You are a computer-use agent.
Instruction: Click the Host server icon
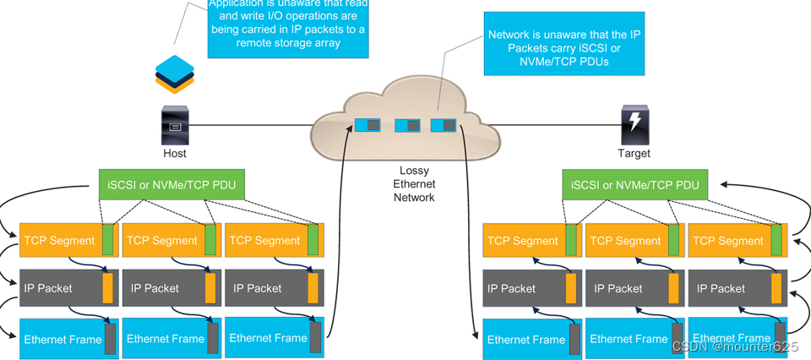pyautogui.click(x=175, y=127)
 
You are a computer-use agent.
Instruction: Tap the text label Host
pyautogui.click(x=175, y=154)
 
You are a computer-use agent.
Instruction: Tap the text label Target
pyautogui.click(x=634, y=154)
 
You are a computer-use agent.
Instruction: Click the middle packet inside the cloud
pyautogui.click(x=407, y=126)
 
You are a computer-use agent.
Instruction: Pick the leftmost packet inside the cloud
pyautogui.click(x=367, y=126)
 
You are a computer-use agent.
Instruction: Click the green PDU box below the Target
pyautogui.click(x=634, y=185)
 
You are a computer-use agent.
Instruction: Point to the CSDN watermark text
pyautogui.click(x=734, y=346)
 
